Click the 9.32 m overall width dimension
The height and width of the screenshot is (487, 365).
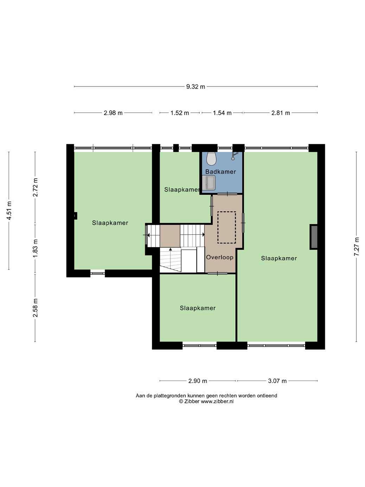(x=196, y=87)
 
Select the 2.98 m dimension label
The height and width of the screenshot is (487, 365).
(x=113, y=113)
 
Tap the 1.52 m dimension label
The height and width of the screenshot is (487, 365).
(x=179, y=113)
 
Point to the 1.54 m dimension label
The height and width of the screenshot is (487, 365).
(x=222, y=113)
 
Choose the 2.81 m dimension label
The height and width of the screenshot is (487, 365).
(x=281, y=113)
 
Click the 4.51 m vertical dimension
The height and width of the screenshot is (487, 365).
(x=9, y=210)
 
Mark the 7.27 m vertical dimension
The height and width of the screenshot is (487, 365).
(x=356, y=247)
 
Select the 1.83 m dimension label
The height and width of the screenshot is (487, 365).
(x=35, y=248)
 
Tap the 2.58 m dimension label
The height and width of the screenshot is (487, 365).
(x=35, y=308)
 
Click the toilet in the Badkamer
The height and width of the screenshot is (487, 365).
(x=211, y=159)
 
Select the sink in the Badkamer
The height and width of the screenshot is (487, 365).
(x=209, y=183)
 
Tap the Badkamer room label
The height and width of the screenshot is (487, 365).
(x=220, y=171)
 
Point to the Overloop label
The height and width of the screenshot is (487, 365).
(x=220, y=257)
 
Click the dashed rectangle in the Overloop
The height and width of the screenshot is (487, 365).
(x=226, y=227)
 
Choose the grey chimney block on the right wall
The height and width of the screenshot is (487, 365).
(x=314, y=237)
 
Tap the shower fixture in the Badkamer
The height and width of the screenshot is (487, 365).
(x=234, y=155)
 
